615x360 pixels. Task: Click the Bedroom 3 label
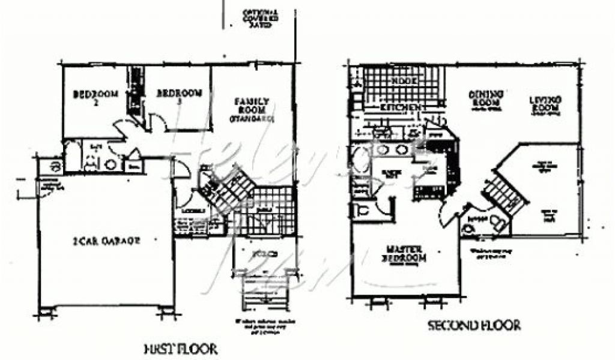coord(178,97)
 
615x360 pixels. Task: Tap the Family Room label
coord(251,109)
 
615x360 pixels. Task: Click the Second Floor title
coord(474,326)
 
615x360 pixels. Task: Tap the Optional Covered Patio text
coord(259,19)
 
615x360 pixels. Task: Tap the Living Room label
coord(545,103)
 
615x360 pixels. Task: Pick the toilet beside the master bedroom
coord(363,211)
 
